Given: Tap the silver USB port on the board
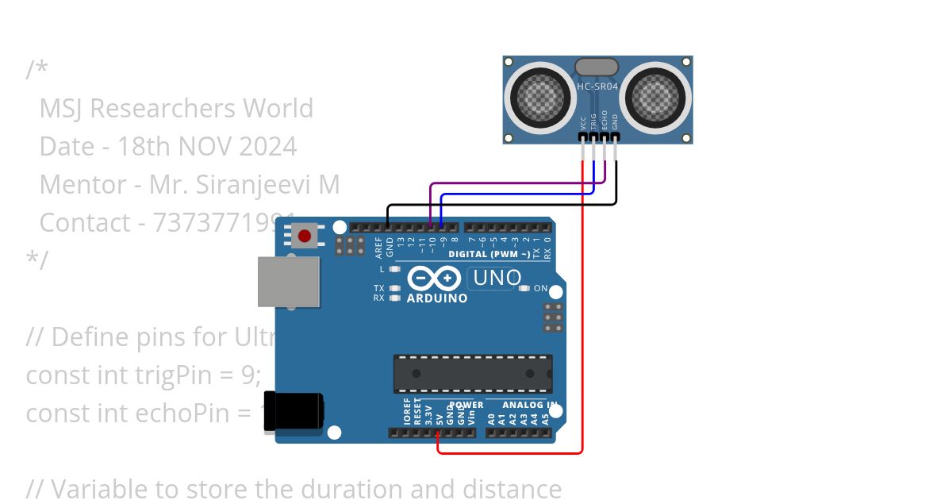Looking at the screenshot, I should [288, 282].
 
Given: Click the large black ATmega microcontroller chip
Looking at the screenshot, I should [473, 374].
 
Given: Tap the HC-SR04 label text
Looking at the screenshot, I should [597, 86].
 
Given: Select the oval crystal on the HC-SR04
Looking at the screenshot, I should [597, 67].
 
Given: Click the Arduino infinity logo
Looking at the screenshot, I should [434, 278].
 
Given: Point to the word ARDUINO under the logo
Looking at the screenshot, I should [437, 299].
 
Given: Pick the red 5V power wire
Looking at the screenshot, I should [583, 317].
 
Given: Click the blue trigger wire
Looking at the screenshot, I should [516, 194].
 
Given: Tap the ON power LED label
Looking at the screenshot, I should [540, 288].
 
